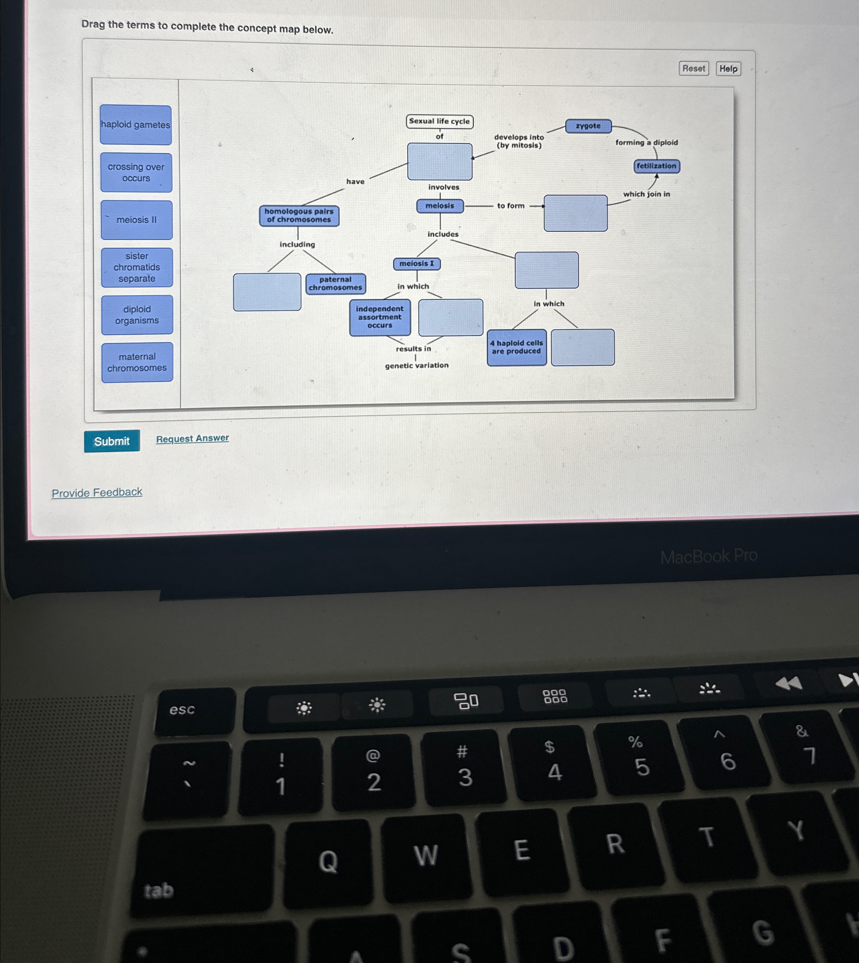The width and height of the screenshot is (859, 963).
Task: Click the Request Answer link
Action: click(x=193, y=438)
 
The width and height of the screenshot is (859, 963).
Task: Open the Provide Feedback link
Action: click(x=97, y=492)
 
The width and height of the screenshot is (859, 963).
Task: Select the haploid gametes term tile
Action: click(x=136, y=125)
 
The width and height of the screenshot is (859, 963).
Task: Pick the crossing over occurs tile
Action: click(x=136, y=172)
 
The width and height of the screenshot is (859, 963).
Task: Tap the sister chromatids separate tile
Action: click(x=137, y=267)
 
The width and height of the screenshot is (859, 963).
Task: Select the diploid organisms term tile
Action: click(x=137, y=315)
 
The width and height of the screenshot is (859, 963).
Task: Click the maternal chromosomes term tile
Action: click(x=137, y=362)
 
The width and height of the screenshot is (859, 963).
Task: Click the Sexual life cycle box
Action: click(x=439, y=121)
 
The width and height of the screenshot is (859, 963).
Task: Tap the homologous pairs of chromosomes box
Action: click(x=299, y=215)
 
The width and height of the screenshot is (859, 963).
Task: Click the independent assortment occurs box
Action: click(x=379, y=317)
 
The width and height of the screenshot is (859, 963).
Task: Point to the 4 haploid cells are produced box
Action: click(x=516, y=347)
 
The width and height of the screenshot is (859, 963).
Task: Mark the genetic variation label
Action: click(x=417, y=366)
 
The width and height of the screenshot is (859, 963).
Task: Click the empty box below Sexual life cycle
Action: click(x=439, y=161)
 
